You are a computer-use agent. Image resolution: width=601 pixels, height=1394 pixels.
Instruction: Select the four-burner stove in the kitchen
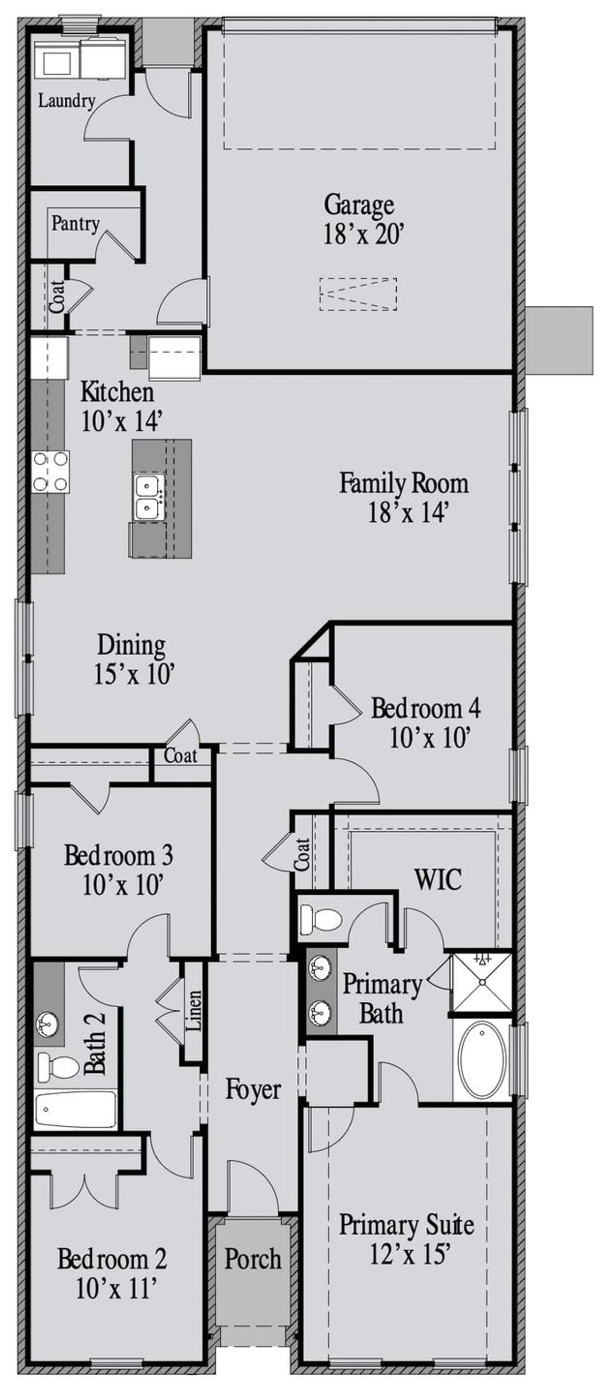pos(50,472)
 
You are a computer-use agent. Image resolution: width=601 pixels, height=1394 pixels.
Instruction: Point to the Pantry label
pos(75,223)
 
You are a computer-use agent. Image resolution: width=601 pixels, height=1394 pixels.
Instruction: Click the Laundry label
pos(66,100)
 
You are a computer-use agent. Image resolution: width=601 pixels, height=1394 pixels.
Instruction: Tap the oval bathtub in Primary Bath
pos(482,1059)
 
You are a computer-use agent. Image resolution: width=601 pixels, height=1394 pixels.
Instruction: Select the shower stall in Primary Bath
pos(481,982)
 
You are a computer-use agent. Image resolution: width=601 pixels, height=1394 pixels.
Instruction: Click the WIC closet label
pos(438,879)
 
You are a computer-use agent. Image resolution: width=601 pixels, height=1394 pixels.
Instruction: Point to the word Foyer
pos(253,1089)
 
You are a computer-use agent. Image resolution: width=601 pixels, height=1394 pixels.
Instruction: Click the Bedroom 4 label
pos(425,708)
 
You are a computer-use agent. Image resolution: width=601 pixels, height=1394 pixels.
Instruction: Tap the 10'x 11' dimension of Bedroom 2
pos(116,1288)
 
